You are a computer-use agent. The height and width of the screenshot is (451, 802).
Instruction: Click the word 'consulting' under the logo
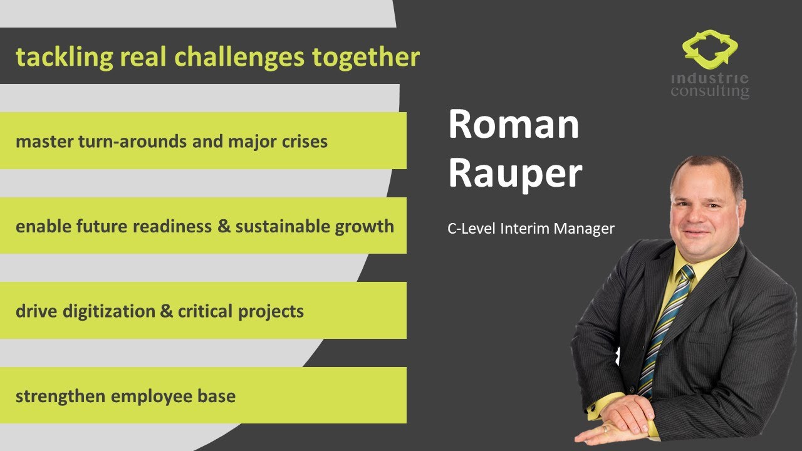pos(709,91)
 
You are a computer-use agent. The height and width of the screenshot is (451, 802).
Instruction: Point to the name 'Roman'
pos(513,124)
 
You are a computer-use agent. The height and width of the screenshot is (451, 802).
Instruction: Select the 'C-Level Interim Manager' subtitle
pos(531,229)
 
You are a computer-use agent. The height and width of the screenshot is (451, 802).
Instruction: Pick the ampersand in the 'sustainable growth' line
pos(224,226)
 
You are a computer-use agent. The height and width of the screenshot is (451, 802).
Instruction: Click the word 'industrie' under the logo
pos(709,79)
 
